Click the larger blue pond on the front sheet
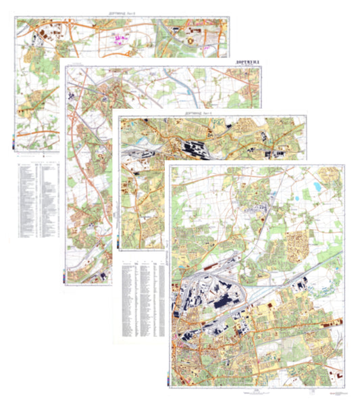(315, 183)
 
